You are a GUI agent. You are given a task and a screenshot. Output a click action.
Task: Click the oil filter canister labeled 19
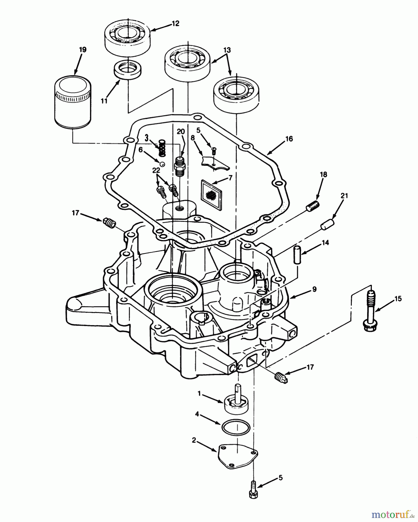[73, 101]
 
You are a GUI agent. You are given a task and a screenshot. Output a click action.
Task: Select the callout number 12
[175, 23]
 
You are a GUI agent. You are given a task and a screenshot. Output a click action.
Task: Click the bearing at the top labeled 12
[128, 37]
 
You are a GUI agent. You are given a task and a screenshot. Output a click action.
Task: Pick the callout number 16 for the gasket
[289, 139]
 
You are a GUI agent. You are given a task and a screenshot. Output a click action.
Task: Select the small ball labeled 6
[163, 164]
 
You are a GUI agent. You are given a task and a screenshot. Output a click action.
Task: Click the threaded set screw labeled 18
[313, 206]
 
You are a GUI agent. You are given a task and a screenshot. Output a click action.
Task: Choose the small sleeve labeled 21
[327, 225]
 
